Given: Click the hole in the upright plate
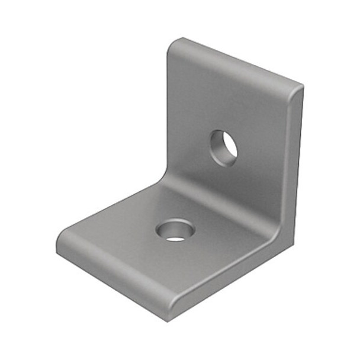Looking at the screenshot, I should coord(224,146).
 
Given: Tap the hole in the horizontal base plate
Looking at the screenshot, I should coord(175,230).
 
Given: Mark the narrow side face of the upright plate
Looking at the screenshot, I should coord(297,160).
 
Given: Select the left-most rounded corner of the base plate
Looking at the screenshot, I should coord(60,244).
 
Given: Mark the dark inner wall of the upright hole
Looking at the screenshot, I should coord(217,145).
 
